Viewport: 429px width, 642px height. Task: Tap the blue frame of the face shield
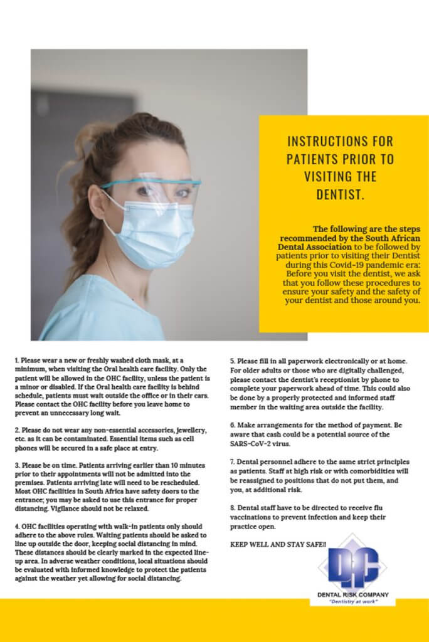pyautogui.click(x=151, y=184)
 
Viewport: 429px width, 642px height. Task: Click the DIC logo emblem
pyautogui.click(x=352, y=567)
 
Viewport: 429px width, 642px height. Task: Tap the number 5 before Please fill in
pyautogui.click(x=232, y=361)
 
